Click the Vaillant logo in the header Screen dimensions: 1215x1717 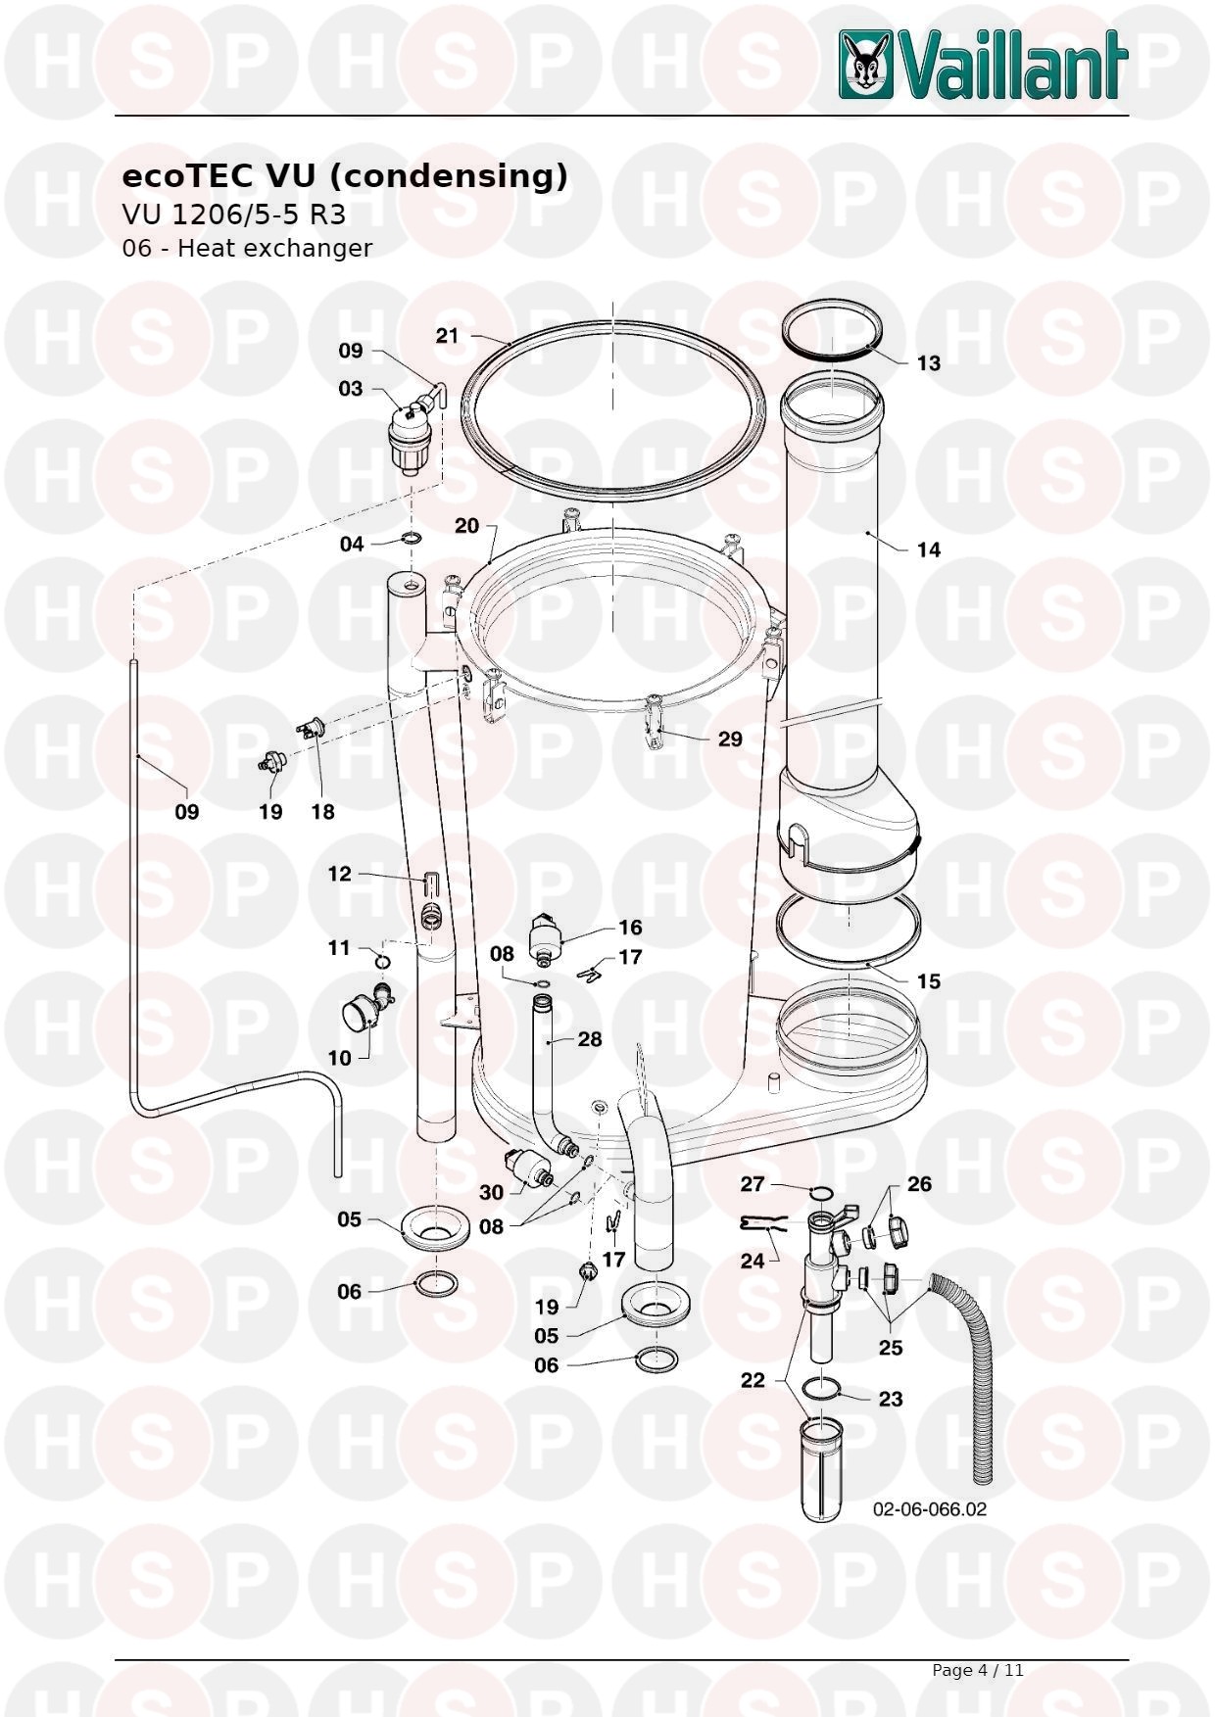pyautogui.click(x=983, y=65)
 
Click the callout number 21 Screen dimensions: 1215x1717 pyautogui.click(x=447, y=336)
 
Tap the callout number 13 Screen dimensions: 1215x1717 pyautogui.click(x=928, y=363)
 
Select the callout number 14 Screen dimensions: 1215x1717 pyautogui.click(x=928, y=549)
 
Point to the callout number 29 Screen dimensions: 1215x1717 pyautogui.click(x=730, y=739)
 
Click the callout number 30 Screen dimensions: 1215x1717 pyautogui.click(x=491, y=1192)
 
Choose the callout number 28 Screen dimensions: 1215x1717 pyautogui.click(x=589, y=1038)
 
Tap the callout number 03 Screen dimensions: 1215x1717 pyautogui.click(x=350, y=389)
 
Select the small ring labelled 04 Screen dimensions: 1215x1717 pyautogui.click(x=412, y=538)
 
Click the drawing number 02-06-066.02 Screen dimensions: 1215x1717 pyautogui.click(x=930, y=1509)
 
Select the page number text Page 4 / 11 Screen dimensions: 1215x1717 pyautogui.click(x=977, y=1670)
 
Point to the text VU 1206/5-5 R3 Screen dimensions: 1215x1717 pyautogui.click(x=233, y=215)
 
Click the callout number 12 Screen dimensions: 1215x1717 pyautogui.click(x=339, y=874)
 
